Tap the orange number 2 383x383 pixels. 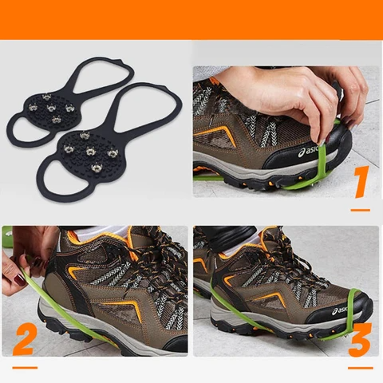pos(25,338)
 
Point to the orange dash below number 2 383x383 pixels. pos(25,367)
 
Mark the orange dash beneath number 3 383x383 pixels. pos(360,365)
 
